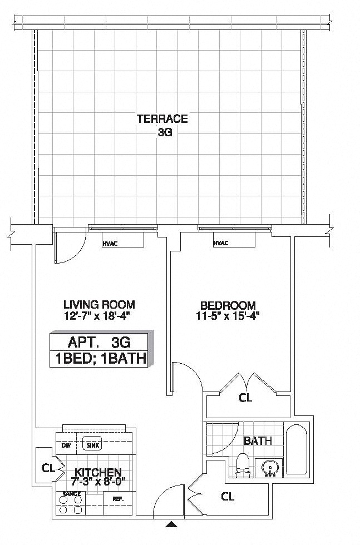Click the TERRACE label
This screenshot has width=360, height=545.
(x=162, y=118)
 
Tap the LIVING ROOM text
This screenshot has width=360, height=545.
(x=99, y=304)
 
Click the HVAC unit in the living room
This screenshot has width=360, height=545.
(x=123, y=240)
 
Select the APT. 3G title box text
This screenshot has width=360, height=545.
(x=99, y=341)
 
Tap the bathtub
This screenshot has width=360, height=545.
(x=296, y=450)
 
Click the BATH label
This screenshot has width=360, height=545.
(x=258, y=440)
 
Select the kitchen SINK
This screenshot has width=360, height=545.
(x=91, y=445)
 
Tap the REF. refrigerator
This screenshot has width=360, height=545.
(x=117, y=498)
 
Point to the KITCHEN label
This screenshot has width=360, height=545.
(x=98, y=472)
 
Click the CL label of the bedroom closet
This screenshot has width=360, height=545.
(x=245, y=398)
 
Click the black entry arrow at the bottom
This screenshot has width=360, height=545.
(x=172, y=524)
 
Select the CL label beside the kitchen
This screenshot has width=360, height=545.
(x=47, y=468)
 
